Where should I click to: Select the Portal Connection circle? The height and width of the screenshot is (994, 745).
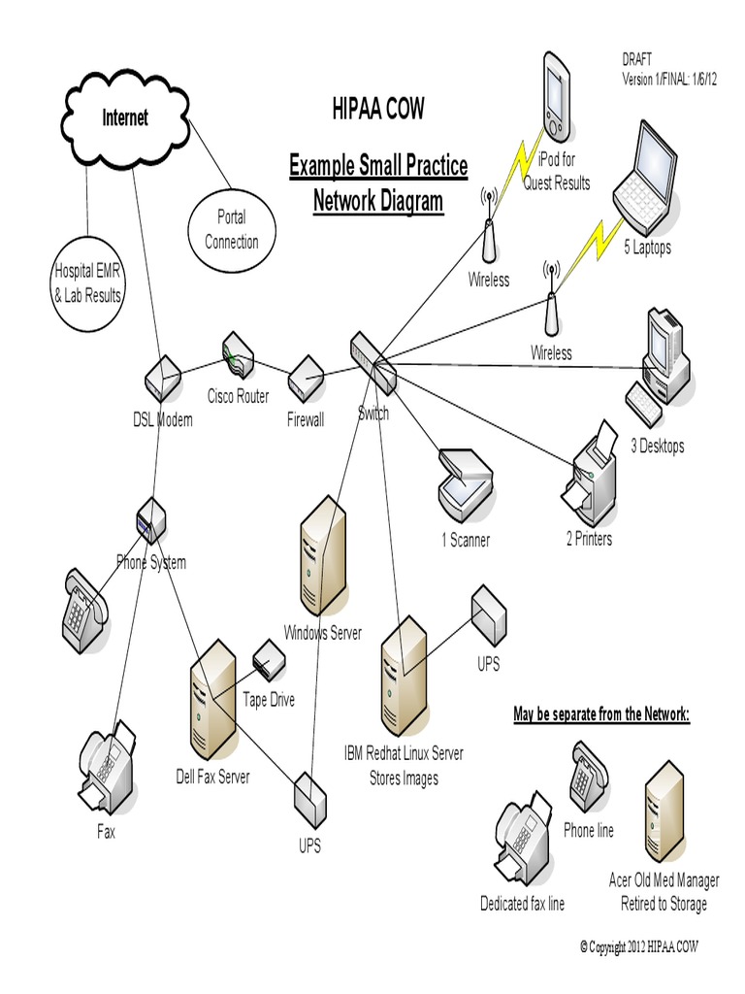click(x=232, y=229)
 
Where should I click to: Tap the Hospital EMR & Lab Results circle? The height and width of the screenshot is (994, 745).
click(x=86, y=282)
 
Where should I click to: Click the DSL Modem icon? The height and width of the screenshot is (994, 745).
click(x=163, y=379)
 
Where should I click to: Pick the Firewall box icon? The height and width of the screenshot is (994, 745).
click(x=306, y=379)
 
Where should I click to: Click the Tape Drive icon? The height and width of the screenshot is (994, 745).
click(x=269, y=660)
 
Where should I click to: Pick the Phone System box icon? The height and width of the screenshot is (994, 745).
click(x=151, y=520)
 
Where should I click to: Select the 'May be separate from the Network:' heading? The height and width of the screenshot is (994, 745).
click(x=601, y=714)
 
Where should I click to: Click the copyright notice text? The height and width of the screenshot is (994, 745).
click(x=638, y=947)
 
